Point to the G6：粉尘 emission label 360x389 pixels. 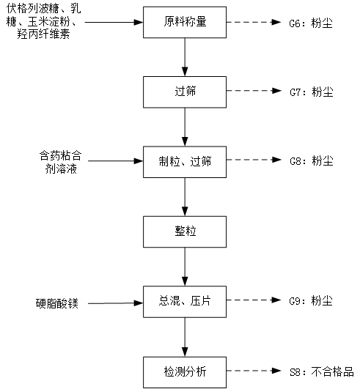click(x=311, y=23)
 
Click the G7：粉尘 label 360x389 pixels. click(x=312, y=92)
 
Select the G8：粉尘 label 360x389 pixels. click(x=312, y=160)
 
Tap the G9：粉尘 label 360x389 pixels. click(x=311, y=301)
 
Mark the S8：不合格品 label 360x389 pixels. click(x=322, y=372)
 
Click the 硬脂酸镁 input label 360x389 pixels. click(x=57, y=303)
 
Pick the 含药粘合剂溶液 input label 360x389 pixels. click(x=61, y=163)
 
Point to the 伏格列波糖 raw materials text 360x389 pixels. click(x=43, y=21)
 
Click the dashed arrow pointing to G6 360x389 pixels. click(x=254, y=22)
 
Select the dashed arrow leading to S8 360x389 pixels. click(x=254, y=371)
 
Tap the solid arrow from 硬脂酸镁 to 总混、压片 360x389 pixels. click(x=115, y=303)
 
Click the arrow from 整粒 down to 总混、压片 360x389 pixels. click(x=185, y=267)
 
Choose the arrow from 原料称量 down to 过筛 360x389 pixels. click(x=185, y=57)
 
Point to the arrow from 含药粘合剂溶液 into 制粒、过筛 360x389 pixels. click(x=115, y=161)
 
